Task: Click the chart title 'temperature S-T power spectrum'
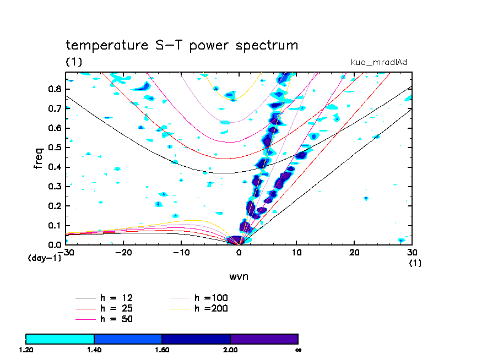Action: [x=182, y=45]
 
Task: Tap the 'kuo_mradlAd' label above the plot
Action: [x=379, y=62]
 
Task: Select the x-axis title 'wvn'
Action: [x=239, y=276]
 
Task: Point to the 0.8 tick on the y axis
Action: [x=55, y=89]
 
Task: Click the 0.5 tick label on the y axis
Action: [x=55, y=148]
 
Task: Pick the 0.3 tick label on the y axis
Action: [x=55, y=187]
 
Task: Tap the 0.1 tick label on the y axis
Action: [x=55, y=226]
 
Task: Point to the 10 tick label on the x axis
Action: [x=297, y=253]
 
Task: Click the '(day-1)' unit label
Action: [x=44, y=258]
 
